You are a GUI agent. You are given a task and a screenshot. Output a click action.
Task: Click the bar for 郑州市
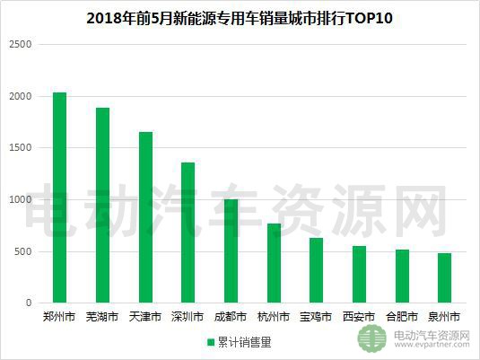point(60,198)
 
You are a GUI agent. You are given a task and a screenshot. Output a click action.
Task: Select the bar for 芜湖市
point(102,206)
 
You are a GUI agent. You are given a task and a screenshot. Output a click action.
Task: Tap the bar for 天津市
point(145,217)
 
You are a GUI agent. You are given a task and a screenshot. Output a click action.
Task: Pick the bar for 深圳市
point(188,233)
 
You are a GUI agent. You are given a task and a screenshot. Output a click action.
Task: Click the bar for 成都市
point(231,251)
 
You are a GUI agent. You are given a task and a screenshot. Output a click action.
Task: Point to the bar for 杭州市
point(274,263)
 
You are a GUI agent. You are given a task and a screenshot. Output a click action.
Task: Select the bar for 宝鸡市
point(316,270)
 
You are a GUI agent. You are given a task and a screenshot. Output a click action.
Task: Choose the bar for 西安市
point(359,275)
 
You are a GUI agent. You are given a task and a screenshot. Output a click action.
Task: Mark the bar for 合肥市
point(401,277)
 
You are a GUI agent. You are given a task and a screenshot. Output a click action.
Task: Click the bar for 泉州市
point(444,278)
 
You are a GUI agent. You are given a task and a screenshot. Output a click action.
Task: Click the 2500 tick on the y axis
point(20,45)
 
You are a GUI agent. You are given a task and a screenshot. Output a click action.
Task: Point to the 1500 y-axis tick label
point(20,148)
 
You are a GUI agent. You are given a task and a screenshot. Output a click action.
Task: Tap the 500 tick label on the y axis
point(22,251)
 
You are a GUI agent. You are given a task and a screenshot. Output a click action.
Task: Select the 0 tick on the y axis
point(28,303)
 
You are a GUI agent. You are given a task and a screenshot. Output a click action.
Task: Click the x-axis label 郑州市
point(60,317)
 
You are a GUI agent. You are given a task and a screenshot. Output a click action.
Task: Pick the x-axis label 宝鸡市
point(316,317)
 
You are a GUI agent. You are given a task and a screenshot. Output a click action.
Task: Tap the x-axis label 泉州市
point(444,317)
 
